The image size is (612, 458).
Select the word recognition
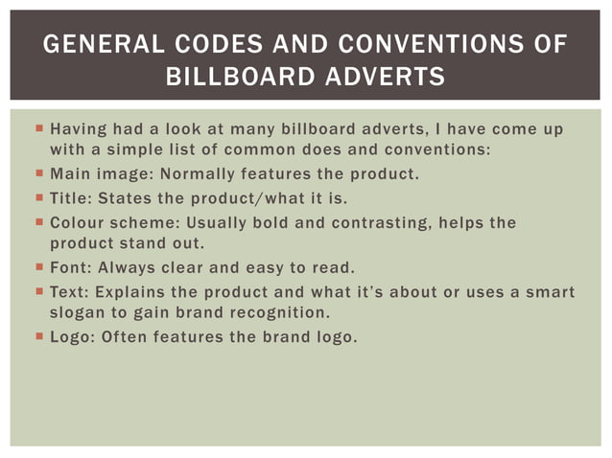277,313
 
